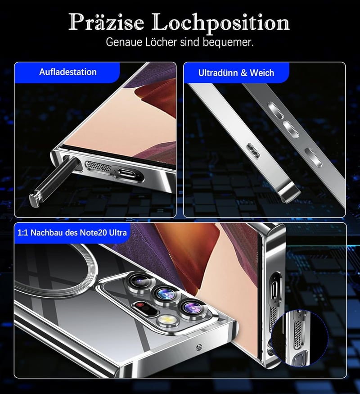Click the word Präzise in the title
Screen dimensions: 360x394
[x=106, y=22]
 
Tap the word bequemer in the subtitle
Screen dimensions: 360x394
[x=228, y=42]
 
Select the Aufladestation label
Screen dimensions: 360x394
[x=68, y=72]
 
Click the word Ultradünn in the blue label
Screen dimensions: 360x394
[x=218, y=73]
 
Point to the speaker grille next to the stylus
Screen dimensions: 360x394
[x=99, y=167]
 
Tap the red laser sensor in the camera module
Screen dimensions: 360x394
[x=139, y=305]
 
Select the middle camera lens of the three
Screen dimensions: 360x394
[x=166, y=294]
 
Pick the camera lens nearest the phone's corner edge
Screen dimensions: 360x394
[x=193, y=307]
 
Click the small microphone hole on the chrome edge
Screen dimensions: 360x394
[x=198, y=347]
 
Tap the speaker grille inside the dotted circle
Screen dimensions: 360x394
[x=298, y=334]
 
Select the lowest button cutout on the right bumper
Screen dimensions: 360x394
[x=313, y=157]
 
